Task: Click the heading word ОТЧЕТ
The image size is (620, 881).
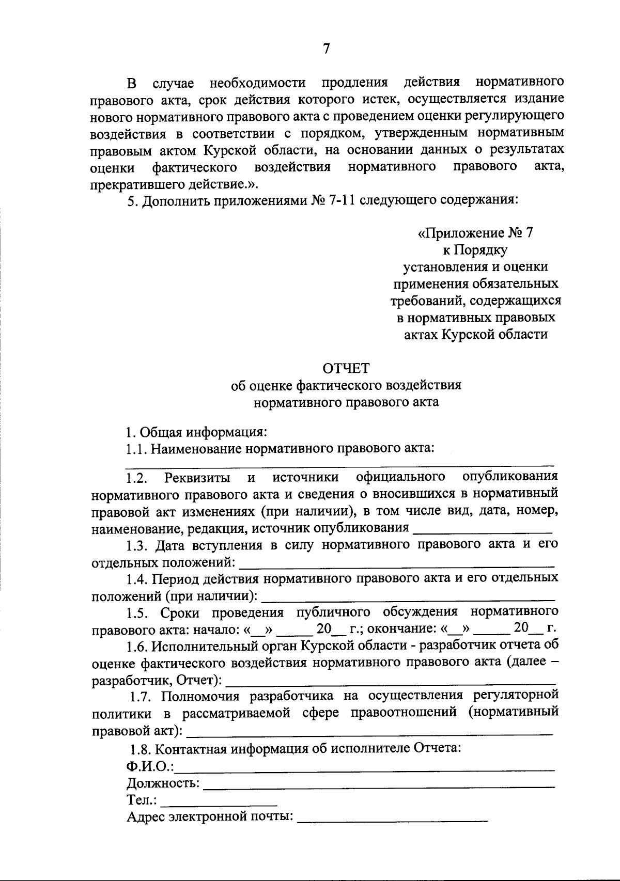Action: click(x=346, y=368)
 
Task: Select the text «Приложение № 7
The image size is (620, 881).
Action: click(x=475, y=233)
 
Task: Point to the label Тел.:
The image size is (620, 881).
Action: click(x=142, y=800)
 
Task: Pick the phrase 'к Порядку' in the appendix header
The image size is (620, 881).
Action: click(x=475, y=250)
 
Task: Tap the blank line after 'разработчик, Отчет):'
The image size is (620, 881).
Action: click(x=391, y=680)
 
